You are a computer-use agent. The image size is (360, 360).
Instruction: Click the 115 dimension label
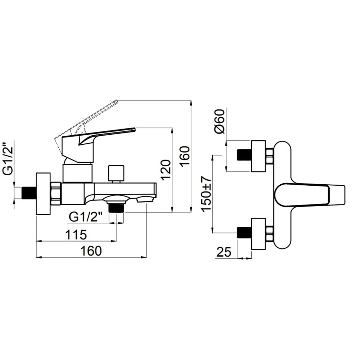click(x=76, y=235)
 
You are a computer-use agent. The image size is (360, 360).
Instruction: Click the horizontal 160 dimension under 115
click(x=91, y=251)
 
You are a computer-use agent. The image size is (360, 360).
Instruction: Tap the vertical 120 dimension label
click(x=166, y=170)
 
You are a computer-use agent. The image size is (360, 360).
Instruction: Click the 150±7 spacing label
click(x=206, y=194)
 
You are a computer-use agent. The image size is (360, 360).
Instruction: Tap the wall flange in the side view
click(x=43, y=194)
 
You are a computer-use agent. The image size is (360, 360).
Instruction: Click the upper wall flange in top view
click(x=258, y=156)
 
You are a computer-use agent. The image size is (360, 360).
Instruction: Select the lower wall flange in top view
click(x=258, y=234)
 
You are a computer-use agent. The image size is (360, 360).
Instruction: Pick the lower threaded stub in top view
click(x=244, y=233)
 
